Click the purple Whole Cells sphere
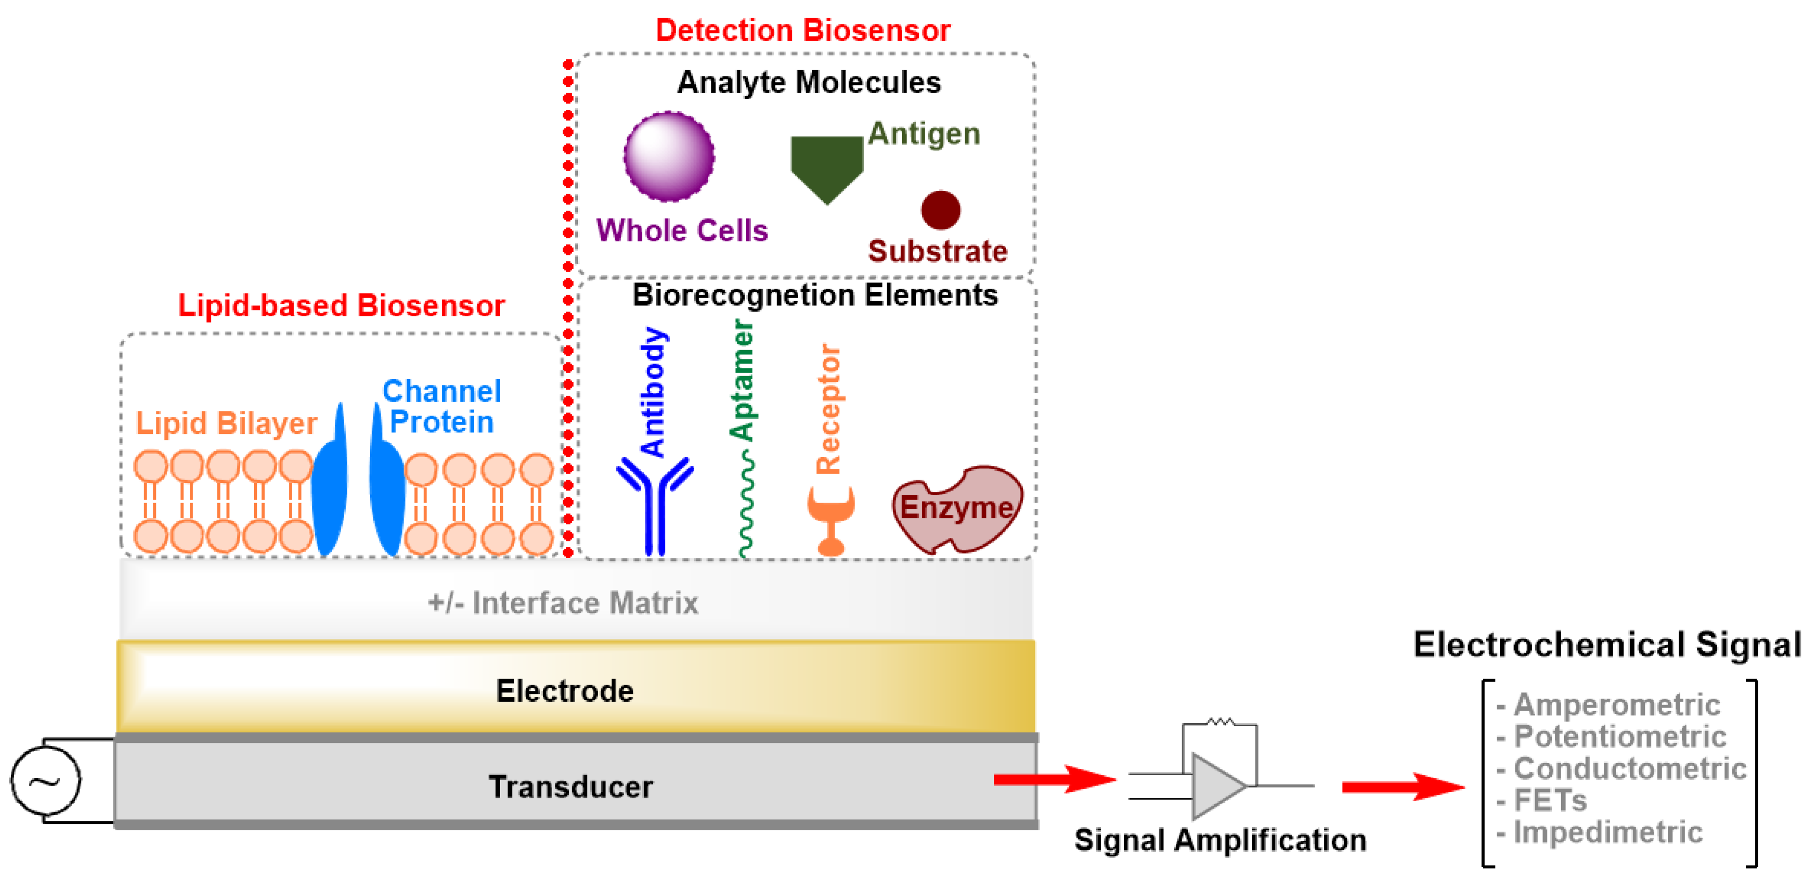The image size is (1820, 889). point(668,156)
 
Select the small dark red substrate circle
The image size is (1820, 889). point(940,210)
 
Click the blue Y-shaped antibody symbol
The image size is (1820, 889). point(655,505)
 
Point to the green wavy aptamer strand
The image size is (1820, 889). point(745,505)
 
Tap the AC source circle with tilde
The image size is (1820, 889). point(46,780)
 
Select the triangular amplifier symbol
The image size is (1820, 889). point(1216,785)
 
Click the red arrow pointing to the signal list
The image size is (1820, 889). point(1402,787)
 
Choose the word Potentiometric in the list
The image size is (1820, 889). point(1619,737)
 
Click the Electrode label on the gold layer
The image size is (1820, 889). point(564,690)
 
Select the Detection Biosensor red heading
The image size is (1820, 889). point(803,30)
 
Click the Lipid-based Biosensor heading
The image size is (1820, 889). point(341,305)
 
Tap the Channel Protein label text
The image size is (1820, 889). point(442,406)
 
